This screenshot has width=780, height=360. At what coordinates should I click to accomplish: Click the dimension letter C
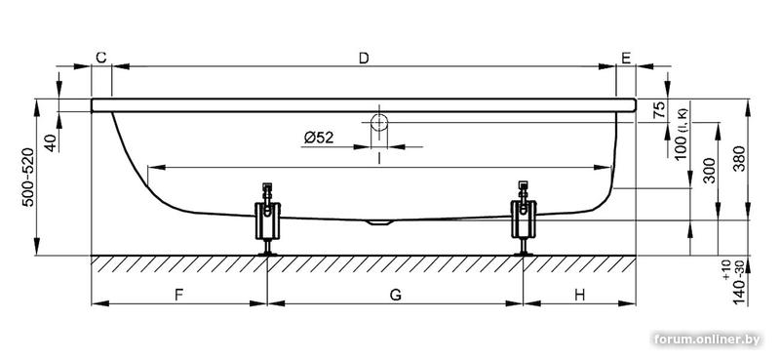(101, 58)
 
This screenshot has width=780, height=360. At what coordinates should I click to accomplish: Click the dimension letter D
(364, 59)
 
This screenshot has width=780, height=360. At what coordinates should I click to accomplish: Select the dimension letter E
(626, 59)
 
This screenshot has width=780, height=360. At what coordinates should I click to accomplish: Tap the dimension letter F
(179, 296)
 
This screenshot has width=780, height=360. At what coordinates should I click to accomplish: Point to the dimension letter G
(395, 296)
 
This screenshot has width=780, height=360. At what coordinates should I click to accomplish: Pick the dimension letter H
(579, 296)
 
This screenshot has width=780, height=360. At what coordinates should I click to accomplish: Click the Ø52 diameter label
(319, 137)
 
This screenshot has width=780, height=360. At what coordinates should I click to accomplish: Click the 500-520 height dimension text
(29, 177)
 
